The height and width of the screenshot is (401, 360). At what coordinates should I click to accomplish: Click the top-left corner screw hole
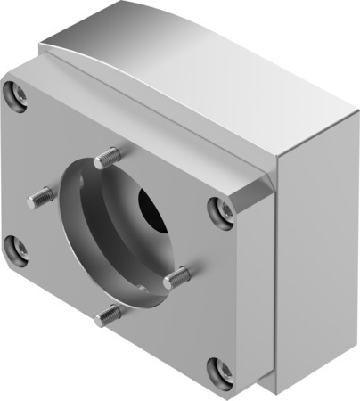coord(12,92)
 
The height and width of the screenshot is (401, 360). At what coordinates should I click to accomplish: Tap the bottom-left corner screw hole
coord(14,250)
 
